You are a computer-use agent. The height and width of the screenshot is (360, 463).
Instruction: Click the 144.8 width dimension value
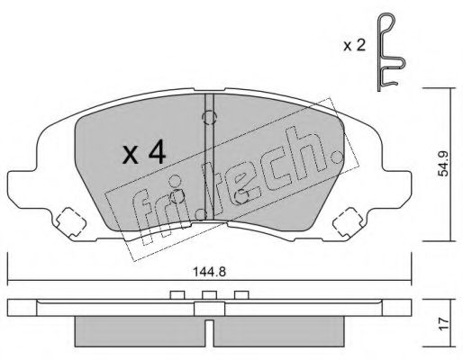[x=209, y=272]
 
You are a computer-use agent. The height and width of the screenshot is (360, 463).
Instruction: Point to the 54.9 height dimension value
[x=443, y=164]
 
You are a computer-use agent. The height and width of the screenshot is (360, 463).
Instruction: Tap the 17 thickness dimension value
[x=443, y=324]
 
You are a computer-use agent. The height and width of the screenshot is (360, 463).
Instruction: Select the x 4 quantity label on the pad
[x=144, y=153]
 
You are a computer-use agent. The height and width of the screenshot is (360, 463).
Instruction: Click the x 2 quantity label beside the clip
[x=354, y=46]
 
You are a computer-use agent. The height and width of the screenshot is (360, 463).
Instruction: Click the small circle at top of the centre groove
[x=209, y=117]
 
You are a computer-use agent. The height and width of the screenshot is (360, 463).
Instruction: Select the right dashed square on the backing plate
[x=349, y=222]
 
